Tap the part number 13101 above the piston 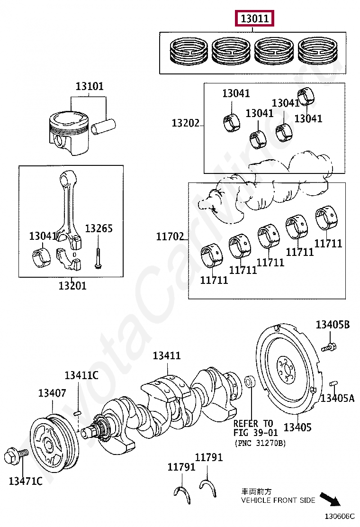[90, 86]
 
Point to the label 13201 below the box [72, 286]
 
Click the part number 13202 [186, 123]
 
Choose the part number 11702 [170, 236]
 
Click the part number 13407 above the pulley [52, 393]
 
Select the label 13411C [81, 375]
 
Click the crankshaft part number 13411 [167, 355]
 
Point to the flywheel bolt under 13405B [329, 347]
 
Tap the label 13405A [337, 398]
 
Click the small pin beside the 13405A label [333, 383]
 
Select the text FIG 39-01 [256, 433]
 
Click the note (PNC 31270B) [260, 443]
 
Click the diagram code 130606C [340, 516]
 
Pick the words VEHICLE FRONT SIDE [278, 500]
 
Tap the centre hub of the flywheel [287, 371]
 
